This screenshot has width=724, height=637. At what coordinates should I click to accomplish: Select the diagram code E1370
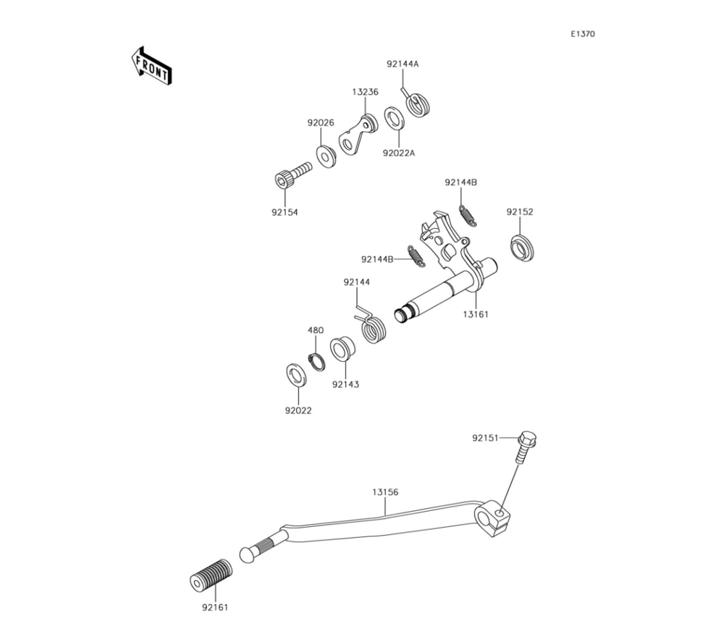point(582,34)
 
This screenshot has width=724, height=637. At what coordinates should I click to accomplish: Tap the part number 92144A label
point(403,64)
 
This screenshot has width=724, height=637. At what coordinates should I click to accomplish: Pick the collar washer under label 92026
point(327,156)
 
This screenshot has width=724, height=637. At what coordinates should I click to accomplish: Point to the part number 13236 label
point(366,92)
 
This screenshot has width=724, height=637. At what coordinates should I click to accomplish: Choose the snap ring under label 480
point(317,360)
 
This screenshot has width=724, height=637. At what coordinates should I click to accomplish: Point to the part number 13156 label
point(385,492)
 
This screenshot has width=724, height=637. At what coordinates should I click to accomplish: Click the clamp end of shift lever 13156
point(494,517)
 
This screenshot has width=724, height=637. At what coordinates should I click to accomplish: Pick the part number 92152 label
point(520,212)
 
